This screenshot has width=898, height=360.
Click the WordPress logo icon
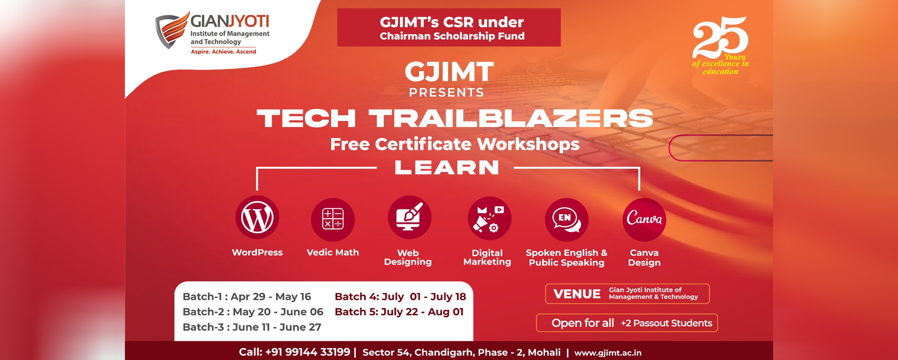(257, 217)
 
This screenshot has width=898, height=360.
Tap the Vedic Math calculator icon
(333, 219)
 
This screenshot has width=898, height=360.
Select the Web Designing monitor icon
(409, 217)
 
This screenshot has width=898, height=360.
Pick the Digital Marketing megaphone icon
(489, 218)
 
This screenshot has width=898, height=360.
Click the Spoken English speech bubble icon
(566, 220)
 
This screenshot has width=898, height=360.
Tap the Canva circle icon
(644, 220)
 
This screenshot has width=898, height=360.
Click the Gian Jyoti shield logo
(172, 30)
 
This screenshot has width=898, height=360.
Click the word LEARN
(447, 167)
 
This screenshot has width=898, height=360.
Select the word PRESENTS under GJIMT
(447, 93)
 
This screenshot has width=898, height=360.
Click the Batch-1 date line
(247, 296)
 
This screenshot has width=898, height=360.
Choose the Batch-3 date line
(252, 327)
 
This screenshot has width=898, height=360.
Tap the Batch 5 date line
(399, 312)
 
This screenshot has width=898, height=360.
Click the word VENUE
(577, 294)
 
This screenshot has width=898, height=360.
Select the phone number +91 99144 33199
(308, 352)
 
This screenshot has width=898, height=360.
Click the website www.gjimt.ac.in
(608, 353)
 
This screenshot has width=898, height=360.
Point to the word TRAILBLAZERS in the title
(511, 118)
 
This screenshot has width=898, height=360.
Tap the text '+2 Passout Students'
(666, 323)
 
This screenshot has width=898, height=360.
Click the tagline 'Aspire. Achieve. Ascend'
(224, 51)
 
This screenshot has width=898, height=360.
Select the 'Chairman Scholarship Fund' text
(452, 36)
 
